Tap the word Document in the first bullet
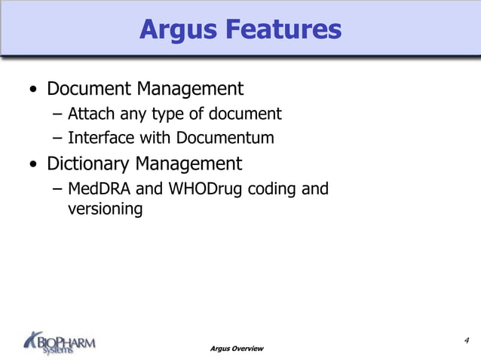[x=89, y=89]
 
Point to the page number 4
[x=467, y=340]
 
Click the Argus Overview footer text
[x=237, y=348]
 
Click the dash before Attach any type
[x=59, y=115]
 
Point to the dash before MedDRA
[x=59, y=189]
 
